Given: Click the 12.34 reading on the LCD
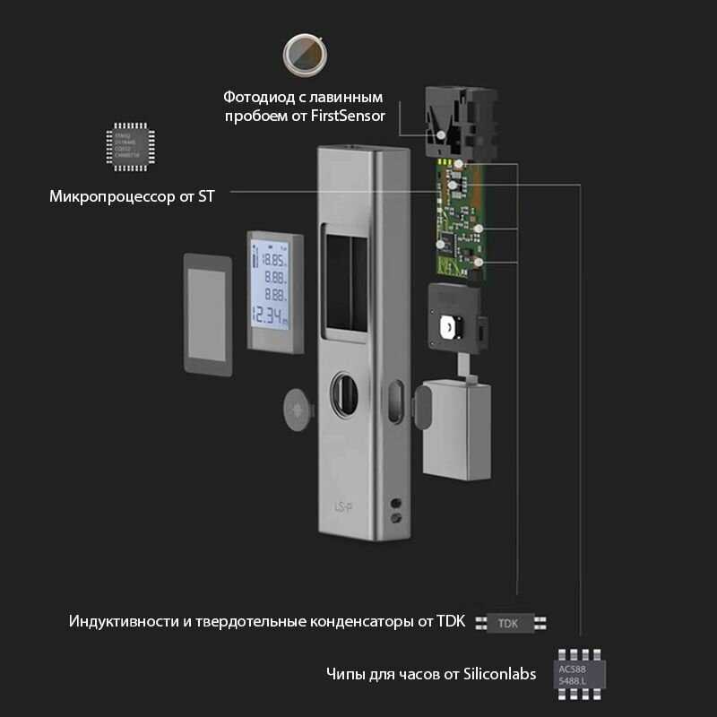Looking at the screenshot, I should click(269, 315).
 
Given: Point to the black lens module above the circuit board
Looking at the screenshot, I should click(456, 117).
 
